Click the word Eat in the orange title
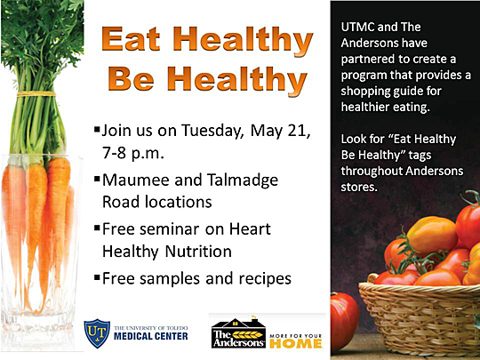coord(131,39)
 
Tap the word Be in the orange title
coord(131,79)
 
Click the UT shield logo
coord(97,333)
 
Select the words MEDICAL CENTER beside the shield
coord(150,336)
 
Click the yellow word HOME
coord(296,343)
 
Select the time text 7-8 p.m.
coord(133,153)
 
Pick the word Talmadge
coord(243,180)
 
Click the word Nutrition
coord(198,252)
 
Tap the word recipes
coord(265,279)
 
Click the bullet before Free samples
coord(98,277)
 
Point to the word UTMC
coord(357,27)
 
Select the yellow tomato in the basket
coord(431,234)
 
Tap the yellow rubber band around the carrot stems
coord(36,94)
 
